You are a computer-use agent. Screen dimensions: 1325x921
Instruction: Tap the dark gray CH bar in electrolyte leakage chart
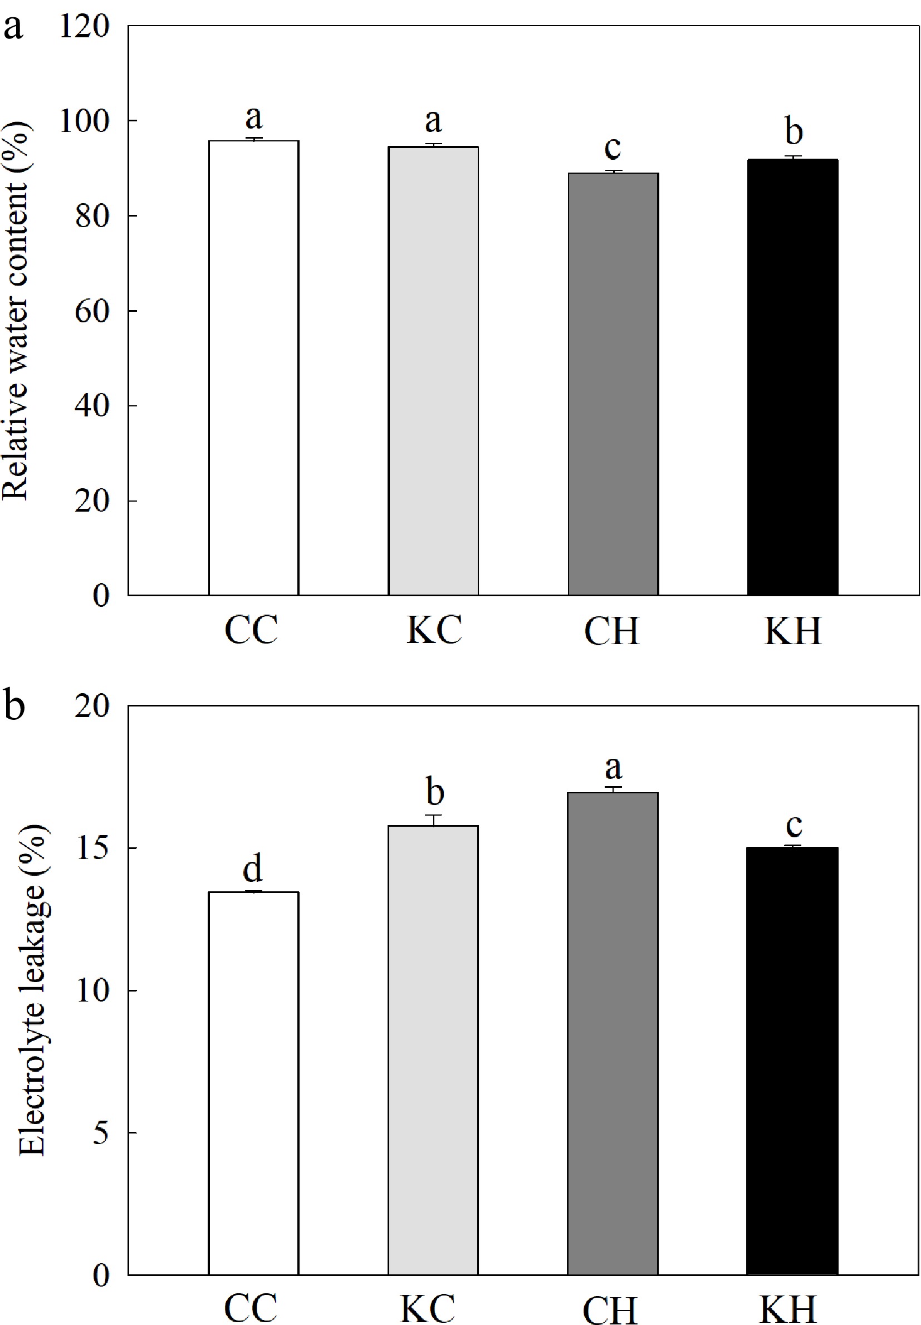click(613, 1033)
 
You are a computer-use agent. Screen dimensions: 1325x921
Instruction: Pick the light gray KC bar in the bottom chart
click(433, 1050)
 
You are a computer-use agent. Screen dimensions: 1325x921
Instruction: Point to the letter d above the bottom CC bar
click(253, 867)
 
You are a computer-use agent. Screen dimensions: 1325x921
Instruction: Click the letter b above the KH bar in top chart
click(793, 131)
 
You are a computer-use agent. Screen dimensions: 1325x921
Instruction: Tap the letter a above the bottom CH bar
click(613, 767)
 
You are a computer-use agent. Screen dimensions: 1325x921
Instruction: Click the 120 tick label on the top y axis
click(84, 27)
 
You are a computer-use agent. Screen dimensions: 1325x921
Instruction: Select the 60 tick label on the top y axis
click(91, 311)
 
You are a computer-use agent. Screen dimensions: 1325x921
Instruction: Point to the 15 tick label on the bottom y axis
click(92, 848)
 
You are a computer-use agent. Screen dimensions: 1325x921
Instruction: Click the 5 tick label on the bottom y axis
click(100, 1132)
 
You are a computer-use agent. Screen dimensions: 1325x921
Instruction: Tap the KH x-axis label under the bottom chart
click(787, 1309)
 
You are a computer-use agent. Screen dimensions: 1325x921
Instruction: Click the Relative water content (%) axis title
click(16, 310)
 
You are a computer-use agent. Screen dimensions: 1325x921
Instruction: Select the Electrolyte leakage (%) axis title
click(33, 990)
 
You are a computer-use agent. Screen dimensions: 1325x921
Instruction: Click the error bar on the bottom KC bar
click(433, 819)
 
